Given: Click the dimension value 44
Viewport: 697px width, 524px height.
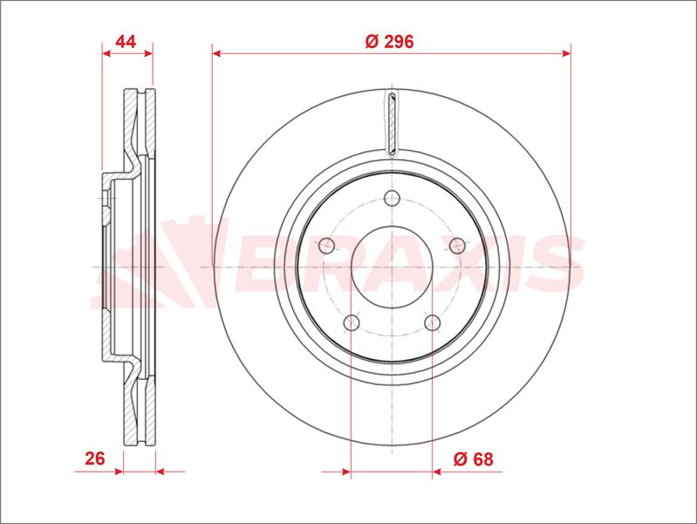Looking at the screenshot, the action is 126,41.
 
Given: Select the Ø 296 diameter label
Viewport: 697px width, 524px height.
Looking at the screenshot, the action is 389,41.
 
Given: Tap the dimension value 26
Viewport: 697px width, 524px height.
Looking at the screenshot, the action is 95,458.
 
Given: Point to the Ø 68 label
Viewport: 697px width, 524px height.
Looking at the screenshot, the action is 474,458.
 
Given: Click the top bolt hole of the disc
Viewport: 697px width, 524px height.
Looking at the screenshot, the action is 392,197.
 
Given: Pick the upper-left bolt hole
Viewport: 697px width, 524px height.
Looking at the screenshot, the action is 327,245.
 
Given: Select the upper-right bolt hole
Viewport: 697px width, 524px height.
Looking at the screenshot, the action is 457,245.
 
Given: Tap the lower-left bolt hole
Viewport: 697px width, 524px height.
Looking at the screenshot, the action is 352,322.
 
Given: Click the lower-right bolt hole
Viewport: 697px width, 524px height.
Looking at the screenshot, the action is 432,322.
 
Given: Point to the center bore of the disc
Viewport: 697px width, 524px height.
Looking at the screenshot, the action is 392,267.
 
